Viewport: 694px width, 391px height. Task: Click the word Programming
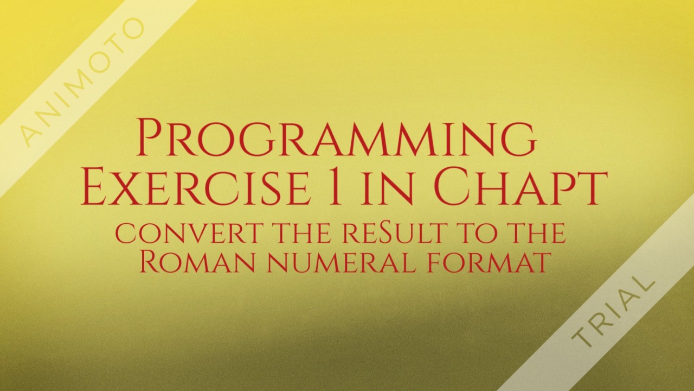click(x=337, y=138)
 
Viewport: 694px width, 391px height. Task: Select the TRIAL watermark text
click(x=613, y=313)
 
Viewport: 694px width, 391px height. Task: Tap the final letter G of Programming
click(x=518, y=139)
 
